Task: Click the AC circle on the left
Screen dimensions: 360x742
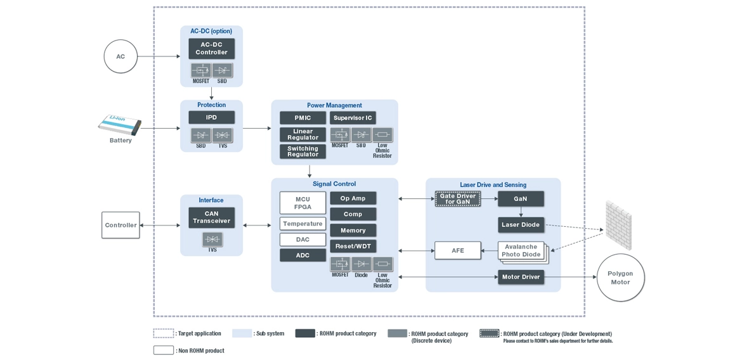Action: coord(120,56)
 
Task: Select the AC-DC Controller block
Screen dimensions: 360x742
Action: coord(211,49)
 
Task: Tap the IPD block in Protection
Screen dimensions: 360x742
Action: coord(211,117)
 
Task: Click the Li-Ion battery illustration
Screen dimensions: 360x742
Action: coord(120,125)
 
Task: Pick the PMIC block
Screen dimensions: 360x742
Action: coord(303,118)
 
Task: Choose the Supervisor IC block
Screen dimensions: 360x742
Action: coord(353,118)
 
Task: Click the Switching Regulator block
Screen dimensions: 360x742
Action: coord(303,151)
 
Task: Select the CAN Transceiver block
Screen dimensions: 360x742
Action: coord(211,217)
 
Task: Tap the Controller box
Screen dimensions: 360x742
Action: coord(120,225)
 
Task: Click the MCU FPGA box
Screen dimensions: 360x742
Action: coord(303,203)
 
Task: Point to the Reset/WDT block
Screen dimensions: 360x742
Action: coord(353,246)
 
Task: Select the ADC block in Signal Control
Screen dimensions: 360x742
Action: coord(303,255)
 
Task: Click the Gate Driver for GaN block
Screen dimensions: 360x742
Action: coord(457,199)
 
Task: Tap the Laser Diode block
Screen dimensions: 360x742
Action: coord(521,224)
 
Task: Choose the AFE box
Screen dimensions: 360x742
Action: coord(457,250)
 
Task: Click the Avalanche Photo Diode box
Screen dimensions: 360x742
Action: coord(521,251)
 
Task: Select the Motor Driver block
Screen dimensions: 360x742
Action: coord(521,277)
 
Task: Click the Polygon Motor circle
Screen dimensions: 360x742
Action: coord(620,278)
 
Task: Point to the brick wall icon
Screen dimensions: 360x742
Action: coord(618,224)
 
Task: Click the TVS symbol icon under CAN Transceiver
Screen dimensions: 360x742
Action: coord(212,239)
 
